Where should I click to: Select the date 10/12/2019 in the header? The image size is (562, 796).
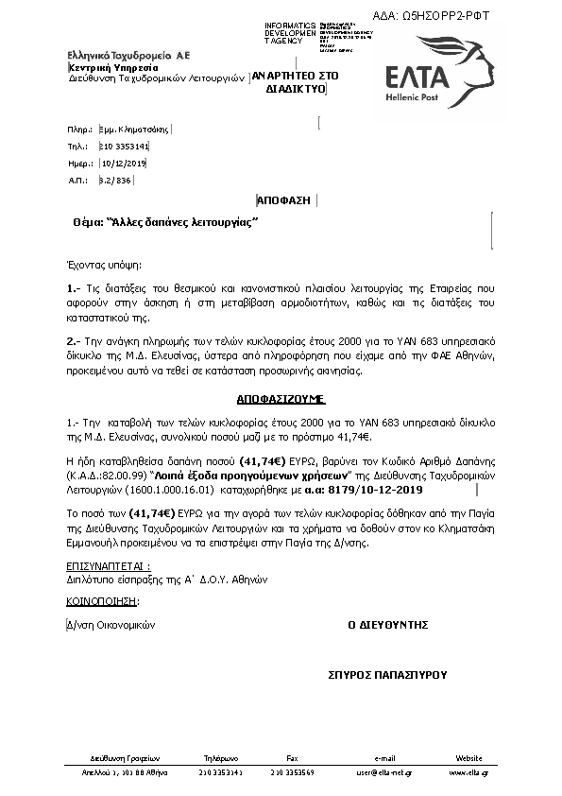124,163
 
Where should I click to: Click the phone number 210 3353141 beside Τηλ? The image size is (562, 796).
124,147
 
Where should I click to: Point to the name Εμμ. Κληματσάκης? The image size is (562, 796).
134,129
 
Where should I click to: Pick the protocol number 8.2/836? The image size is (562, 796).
116,179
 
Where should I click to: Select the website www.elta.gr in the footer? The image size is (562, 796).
468,773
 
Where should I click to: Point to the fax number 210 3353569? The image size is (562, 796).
292,773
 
